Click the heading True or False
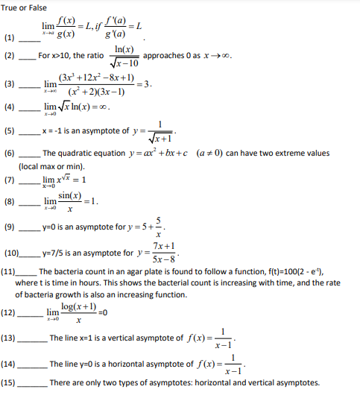[x=25, y=7]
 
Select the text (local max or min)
[x=51, y=166]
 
